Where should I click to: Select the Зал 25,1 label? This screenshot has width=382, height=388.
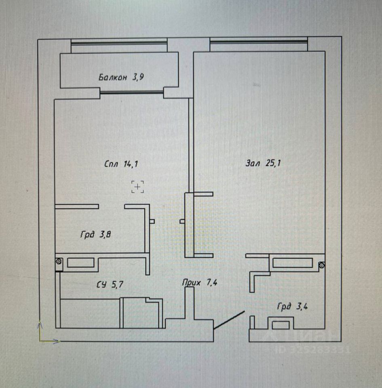pyautogui.click(x=263, y=164)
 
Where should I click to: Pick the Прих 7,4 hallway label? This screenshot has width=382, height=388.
pyautogui.click(x=201, y=283)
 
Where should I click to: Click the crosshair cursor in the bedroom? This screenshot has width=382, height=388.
pyautogui.click(x=138, y=187)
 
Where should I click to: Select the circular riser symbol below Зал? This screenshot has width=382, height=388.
pyautogui.click(x=322, y=265)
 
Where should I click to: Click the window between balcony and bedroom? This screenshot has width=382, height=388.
pyautogui.click(x=131, y=93)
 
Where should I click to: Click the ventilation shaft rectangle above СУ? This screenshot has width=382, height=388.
pyautogui.click(x=80, y=263)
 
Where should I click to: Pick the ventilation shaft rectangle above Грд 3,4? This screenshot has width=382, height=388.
pyautogui.click(x=292, y=263)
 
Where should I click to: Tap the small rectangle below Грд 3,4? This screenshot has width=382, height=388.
pyautogui.click(x=281, y=324)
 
